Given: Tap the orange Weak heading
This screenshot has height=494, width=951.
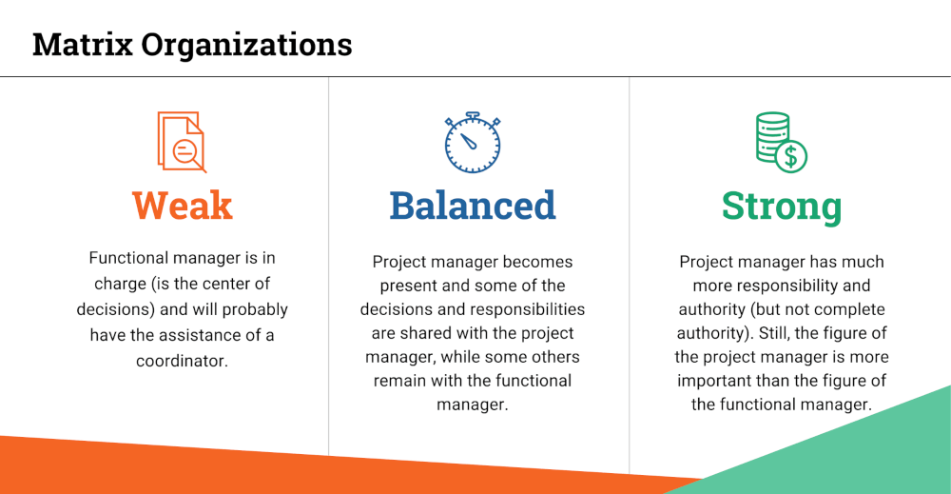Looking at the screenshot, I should [x=182, y=206].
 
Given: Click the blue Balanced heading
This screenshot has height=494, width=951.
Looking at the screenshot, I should [x=473, y=206].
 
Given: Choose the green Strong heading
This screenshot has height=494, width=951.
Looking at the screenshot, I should [x=782, y=206].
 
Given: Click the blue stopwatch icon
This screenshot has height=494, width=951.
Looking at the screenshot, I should [x=473, y=143].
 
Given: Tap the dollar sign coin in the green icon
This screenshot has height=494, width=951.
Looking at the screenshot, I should [x=790, y=155].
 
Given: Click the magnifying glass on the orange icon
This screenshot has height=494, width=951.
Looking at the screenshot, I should [x=187, y=152].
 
